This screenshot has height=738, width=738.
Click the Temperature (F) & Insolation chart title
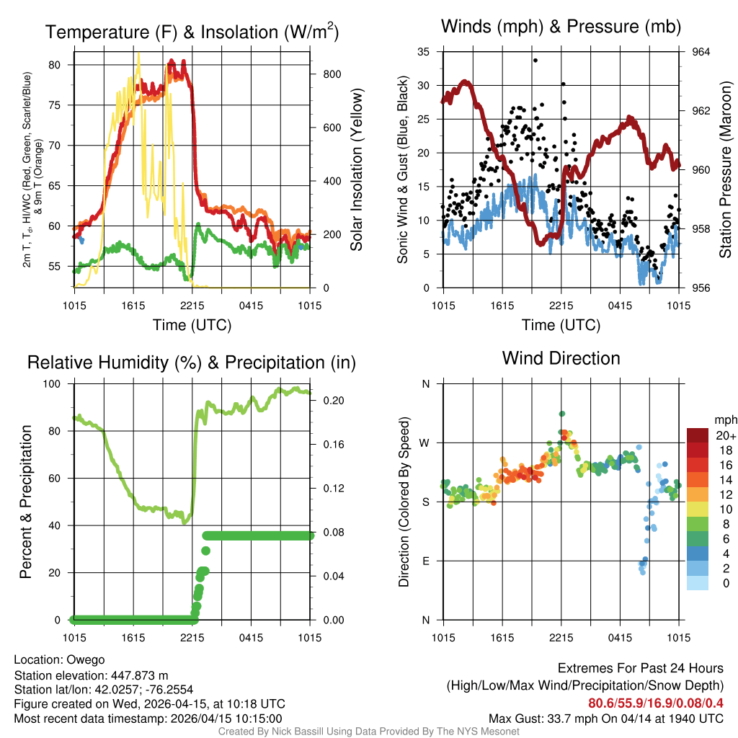point(192,32)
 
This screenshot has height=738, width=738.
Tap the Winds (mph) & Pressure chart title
point(561,27)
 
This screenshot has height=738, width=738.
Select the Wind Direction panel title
point(561,358)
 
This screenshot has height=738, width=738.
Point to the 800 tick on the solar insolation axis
point(326,74)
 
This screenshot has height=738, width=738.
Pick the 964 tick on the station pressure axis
point(701,52)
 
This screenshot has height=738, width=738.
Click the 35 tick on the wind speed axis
point(424,52)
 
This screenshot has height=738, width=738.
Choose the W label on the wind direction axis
point(425,443)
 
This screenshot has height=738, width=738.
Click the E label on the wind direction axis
point(426,561)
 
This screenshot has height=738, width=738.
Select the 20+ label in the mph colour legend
point(725,435)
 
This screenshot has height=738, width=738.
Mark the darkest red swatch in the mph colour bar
point(698,435)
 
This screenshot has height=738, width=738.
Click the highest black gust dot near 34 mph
point(535,61)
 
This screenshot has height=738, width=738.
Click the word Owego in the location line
point(86,660)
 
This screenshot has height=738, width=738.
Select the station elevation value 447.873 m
point(139,675)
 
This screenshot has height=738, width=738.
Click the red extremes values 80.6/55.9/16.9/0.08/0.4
point(656,703)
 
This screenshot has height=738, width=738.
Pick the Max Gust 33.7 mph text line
point(605,719)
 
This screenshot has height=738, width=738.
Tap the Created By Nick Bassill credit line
point(369,732)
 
